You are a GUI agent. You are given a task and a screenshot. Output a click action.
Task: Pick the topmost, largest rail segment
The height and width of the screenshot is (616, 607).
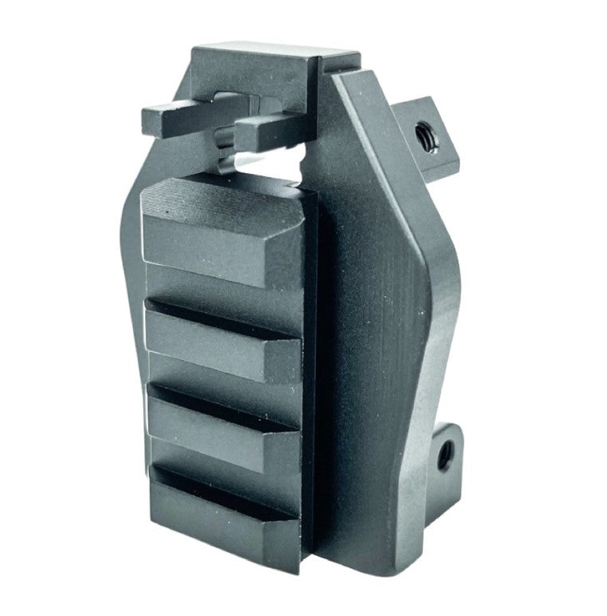pyautogui.click(x=223, y=231)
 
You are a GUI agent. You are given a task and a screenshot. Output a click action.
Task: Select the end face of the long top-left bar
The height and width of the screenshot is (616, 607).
pyautogui.click(x=151, y=120)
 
